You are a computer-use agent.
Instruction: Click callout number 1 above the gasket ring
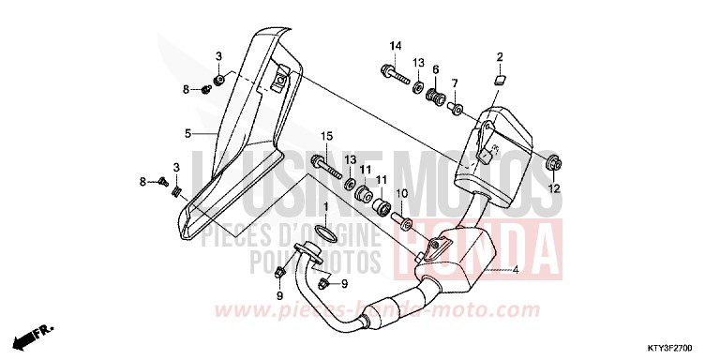[326, 205]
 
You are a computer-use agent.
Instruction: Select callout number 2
[500, 56]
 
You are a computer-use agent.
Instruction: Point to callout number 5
[187, 134]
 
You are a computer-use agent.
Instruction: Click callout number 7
[455, 84]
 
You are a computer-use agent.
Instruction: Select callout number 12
[554, 189]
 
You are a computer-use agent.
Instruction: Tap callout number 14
[395, 47]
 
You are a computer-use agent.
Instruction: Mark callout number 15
[328, 138]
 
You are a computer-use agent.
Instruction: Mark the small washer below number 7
[457, 109]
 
